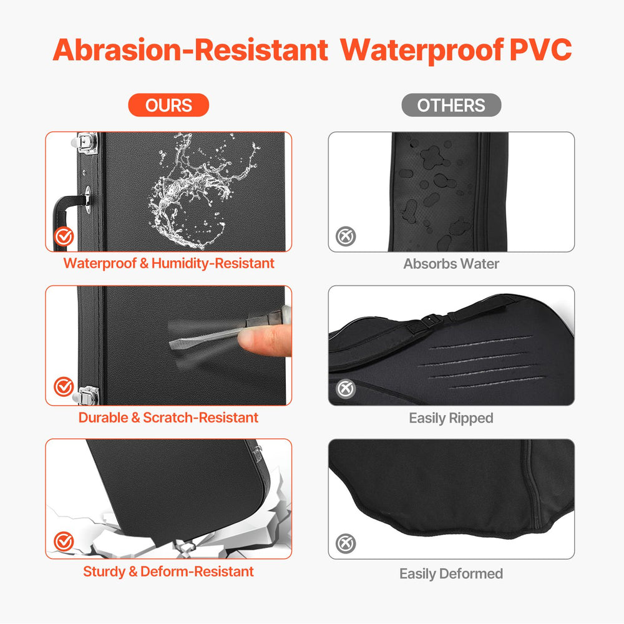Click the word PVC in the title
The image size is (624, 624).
pyautogui.click(x=540, y=50)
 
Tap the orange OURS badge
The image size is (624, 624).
pyautogui.click(x=168, y=105)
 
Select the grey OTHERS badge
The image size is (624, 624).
pyautogui.click(x=451, y=105)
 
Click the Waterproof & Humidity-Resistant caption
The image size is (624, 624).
pyautogui.click(x=168, y=263)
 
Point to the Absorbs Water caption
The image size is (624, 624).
pyautogui.click(x=451, y=263)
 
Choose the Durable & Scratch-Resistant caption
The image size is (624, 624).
pyautogui.click(x=168, y=417)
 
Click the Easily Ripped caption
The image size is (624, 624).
pyautogui.click(x=451, y=418)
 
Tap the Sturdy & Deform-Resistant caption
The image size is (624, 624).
pyautogui.click(x=168, y=572)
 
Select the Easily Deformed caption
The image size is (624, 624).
pyautogui.click(x=451, y=573)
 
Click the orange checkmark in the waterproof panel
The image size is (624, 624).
pyautogui.click(x=64, y=236)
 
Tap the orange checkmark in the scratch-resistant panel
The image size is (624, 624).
pyautogui.click(x=64, y=386)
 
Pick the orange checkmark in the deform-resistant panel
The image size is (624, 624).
pyautogui.click(x=64, y=541)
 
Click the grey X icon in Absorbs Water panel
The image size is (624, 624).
pyautogui.click(x=346, y=236)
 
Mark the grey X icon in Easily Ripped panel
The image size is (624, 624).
pyautogui.click(x=346, y=389)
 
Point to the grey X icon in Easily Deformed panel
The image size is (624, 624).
pyautogui.click(x=346, y=544)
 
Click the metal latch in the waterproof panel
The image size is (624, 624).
pyautogui.click(x=86, y=143)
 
